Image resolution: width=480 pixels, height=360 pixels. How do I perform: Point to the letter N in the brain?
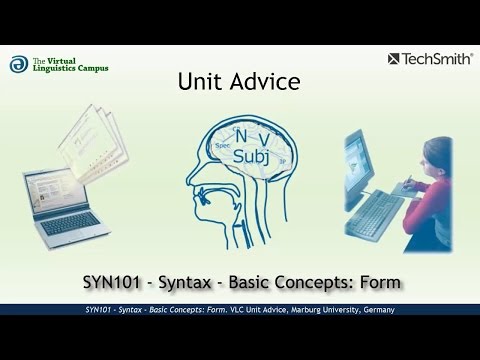[x=239, y=136]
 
